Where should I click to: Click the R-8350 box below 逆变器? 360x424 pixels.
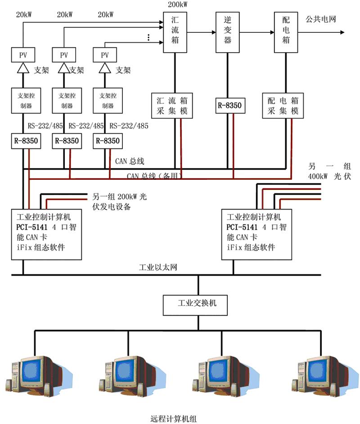[229, 106]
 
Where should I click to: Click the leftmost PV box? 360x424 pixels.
[23, 55]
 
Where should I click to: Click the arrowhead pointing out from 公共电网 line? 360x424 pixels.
[342, 32]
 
